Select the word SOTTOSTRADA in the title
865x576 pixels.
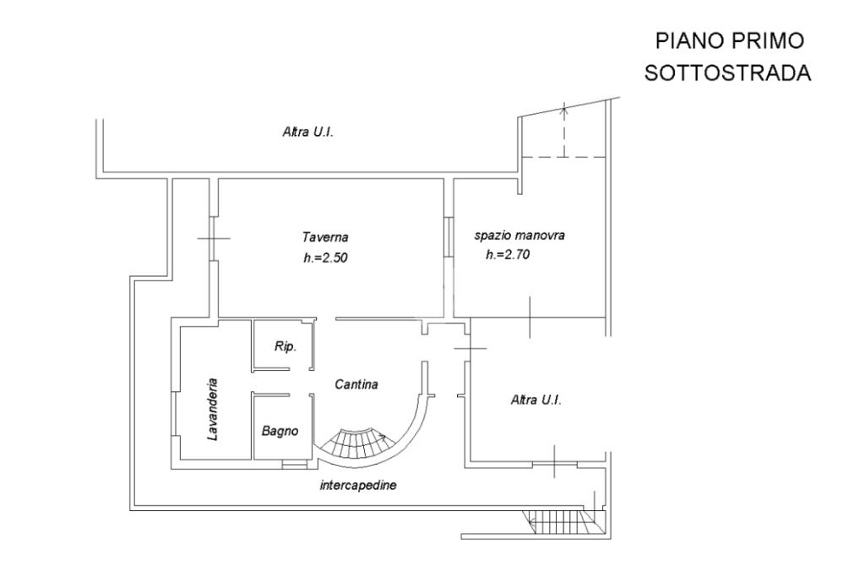727,73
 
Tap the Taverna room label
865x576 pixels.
325,237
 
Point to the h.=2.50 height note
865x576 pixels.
325,258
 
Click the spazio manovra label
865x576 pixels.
520,236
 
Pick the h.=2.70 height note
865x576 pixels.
508,254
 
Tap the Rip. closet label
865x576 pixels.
286,346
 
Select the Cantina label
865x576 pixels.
356,384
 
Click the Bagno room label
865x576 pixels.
280,431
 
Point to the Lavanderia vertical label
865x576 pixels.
212,409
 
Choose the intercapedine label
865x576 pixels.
358,486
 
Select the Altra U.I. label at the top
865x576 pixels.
307,133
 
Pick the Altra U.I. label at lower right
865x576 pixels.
536,400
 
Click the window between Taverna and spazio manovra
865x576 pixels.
449,237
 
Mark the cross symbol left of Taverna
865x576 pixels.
214,238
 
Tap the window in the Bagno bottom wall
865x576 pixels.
294,465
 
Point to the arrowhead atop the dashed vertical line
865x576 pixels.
563,109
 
